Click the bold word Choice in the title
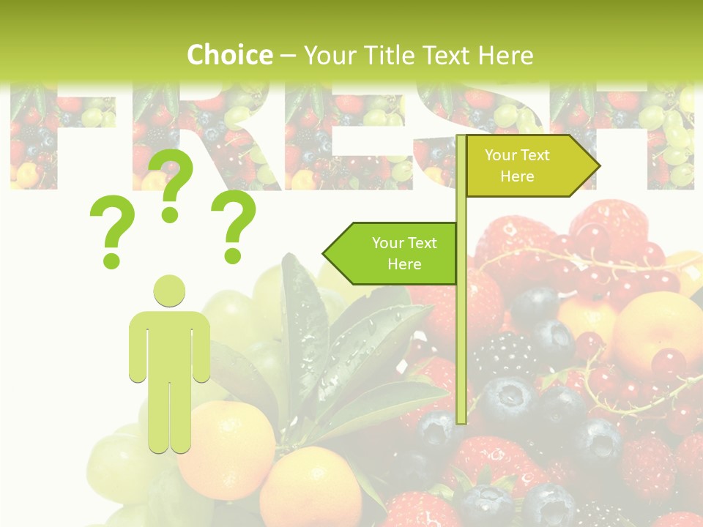[229, 55]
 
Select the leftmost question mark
[112, 231]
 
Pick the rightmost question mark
[234, 225]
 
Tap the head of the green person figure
[169, 291]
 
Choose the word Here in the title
[505, 55]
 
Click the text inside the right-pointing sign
[517, 165]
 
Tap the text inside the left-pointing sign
[404, 253]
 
